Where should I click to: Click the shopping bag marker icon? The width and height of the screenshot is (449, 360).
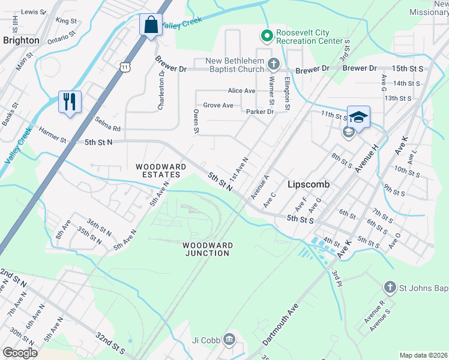[x=150, y=25]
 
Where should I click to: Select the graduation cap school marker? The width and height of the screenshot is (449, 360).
[x=358, y=116]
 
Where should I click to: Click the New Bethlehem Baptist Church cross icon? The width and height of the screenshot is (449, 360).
[x=273, y=64]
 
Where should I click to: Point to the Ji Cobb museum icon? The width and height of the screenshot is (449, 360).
[x=229, y=340]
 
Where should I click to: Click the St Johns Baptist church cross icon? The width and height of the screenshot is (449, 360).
[x=390, y=288]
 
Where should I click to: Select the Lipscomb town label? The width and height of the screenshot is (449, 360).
[x=309, y=185]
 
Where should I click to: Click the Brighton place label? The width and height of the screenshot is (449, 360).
[x=21, y=40]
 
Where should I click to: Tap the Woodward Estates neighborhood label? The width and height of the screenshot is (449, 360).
[x=157, y=170]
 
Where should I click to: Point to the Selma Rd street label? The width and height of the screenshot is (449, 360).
[x=107, y=124]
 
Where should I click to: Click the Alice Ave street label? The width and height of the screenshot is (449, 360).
[x=241, y=91]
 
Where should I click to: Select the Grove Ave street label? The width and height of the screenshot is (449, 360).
[x=218, y=105]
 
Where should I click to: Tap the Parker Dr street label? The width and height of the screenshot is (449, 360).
[x=260, y=112]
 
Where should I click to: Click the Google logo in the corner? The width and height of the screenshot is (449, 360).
[x=20, y=353]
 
